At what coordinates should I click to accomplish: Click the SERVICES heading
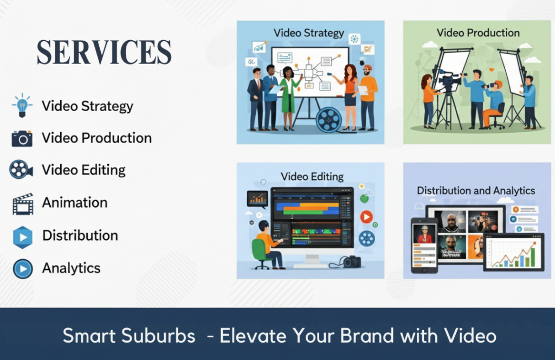(x=104, y=53)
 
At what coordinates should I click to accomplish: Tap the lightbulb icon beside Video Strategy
(x=22, y=105)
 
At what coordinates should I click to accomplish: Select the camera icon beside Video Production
(x=22, y=138)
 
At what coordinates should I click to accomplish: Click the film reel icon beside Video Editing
(x=21, y=170)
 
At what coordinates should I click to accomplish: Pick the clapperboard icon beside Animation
(x=23, y=203)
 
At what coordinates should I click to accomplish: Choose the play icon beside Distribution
(x=23, y=236)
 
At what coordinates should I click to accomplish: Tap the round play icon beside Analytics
(x=23, y=268)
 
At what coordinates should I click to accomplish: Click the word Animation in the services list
(x=75, y=203)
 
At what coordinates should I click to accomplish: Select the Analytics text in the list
(x=71, y=268)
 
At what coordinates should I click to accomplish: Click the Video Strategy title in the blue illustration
(x=309, y=33)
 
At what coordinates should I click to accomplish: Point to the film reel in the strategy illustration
(x=330, y=119)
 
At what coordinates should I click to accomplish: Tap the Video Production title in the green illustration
(x=478, y=33)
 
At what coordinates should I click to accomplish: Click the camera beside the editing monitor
(x=351, y=262)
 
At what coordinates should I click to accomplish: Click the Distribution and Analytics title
(x=475, y=190)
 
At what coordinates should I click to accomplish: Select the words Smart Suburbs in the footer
(x=129, y=336)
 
